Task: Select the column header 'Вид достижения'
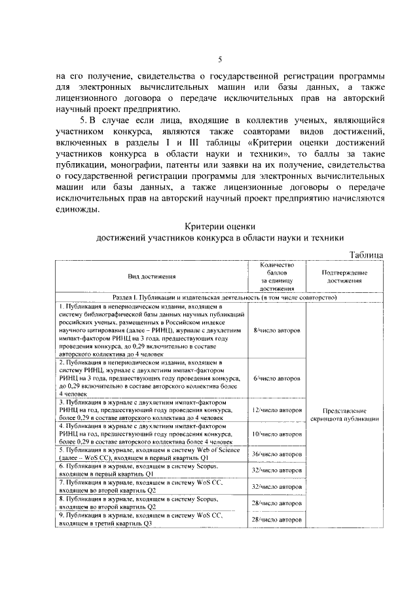click(151, 277)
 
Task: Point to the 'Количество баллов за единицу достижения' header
click(276, 277)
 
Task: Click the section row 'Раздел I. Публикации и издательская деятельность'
click(219, 297)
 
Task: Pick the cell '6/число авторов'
click(276, 378)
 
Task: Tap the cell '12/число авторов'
click(276, 410)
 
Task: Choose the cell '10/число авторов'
click(276, 434)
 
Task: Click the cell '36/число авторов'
click(276, 453)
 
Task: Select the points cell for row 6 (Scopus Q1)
click(276, 470)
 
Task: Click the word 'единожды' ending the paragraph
click(78, 210)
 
